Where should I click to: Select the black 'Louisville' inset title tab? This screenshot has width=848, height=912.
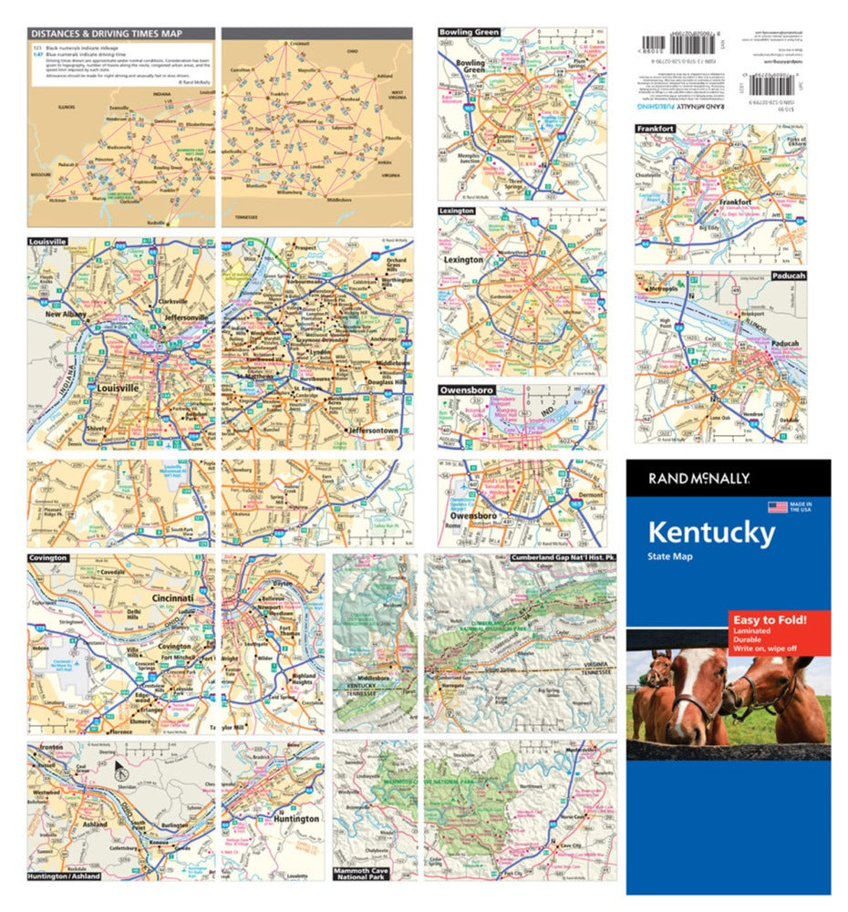pyautogui.click(x=48, y=243)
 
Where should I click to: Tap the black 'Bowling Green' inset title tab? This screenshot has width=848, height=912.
pyautogui.click(x=469, y=33)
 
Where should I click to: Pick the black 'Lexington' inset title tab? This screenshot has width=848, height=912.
pyautogui.click(x=457, y=211)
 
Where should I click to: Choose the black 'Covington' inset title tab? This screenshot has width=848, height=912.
pyautogui.click(x=48, y=556)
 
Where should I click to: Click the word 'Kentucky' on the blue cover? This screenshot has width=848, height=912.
pyautogui.click(x=711, y=532)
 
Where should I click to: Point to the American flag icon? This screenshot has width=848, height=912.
pyautogui.click(x=777, y=507)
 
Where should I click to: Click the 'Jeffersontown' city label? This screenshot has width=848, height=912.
pyautogui.click(x=372, y=430)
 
